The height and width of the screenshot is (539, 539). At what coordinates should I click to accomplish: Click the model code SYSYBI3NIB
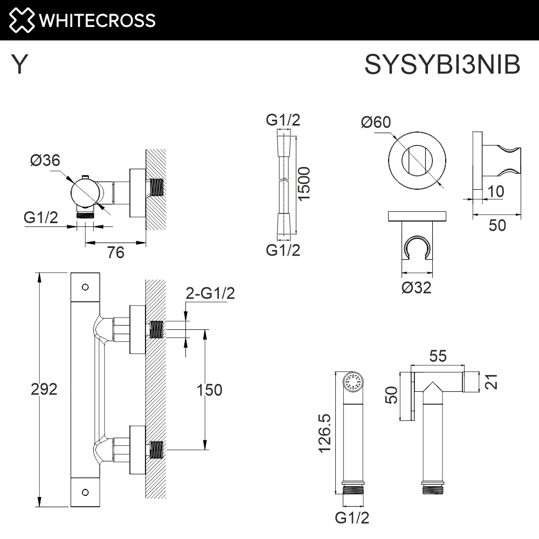pos(443,66)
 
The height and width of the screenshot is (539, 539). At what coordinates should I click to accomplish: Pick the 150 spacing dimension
pos(209,390)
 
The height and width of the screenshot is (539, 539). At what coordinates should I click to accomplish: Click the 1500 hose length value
pos(305,184)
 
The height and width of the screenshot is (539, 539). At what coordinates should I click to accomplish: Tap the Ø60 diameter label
pos(375,123)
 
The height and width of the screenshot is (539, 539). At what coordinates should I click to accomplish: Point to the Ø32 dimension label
pos(416,288)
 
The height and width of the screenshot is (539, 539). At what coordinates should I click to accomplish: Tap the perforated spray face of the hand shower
pos(354,383)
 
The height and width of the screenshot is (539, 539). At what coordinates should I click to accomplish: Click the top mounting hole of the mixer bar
pos(85,287)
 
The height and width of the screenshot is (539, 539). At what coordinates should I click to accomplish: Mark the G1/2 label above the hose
pos(283,120)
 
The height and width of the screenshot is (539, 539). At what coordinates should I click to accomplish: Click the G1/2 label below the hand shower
pos(352,518)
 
